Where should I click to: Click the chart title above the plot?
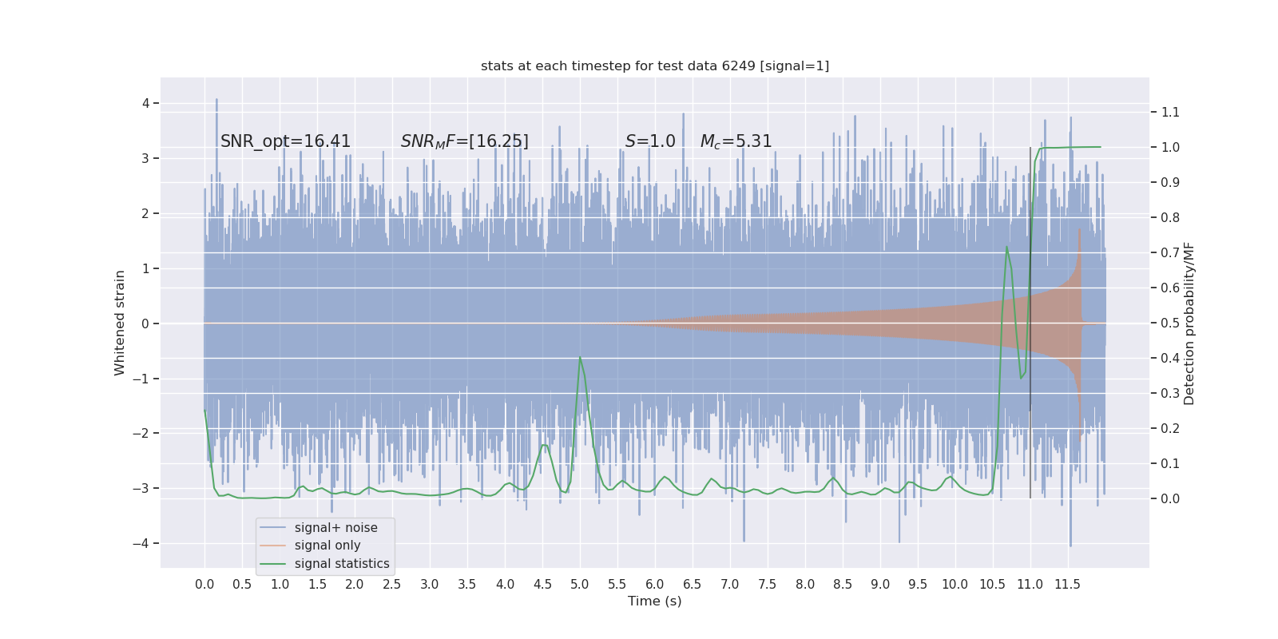click(x=654, y=65)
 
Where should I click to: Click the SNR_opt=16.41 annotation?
click(x=285, y=141)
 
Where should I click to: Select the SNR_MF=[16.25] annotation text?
click(x=464, y=141)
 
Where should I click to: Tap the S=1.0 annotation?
click(x=649, y=141)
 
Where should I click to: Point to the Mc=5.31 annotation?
click(x=736, y=141)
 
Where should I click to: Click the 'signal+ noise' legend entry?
click(x=335, y=527)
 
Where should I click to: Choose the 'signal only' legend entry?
click(x=327, y=546)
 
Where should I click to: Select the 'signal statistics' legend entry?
click(x=341, y=564)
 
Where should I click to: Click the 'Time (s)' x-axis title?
click(x=654, y=601)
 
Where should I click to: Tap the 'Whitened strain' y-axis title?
click(x=120, y=323)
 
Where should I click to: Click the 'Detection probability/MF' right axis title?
click(x=1189, y=323)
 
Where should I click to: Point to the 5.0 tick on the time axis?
click(x=579, y=584)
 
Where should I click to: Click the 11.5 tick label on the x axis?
click(x=1067, y=584)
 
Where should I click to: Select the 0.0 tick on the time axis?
click(x=204, y=584)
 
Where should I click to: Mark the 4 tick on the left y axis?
click(x=146, y=103)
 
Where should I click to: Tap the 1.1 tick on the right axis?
click(x=1170, y=112)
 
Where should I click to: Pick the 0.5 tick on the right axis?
click(x=1170, y=323)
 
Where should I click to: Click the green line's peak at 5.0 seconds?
click(x=580, y=358)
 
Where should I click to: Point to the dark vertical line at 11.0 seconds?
click(x=1030, y=319)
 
